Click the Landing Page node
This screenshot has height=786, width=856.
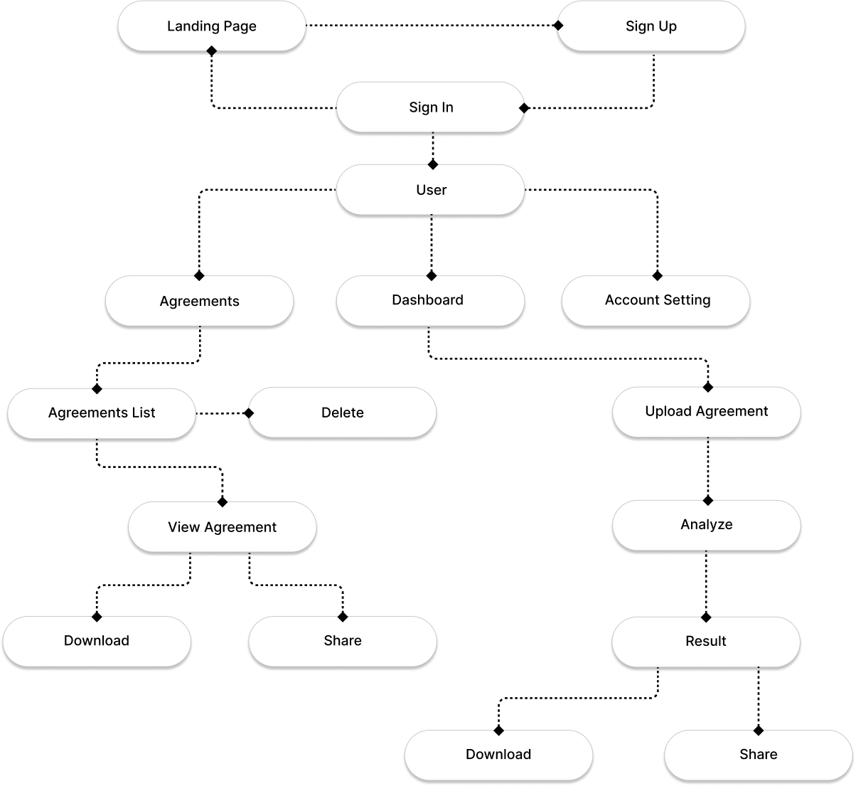pos(212,26)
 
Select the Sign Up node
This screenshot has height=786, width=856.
pos(651,26)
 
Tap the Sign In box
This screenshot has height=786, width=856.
pos(431,107)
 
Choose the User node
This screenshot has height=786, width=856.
pos(431,189)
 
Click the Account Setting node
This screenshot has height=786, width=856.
pos(656,301)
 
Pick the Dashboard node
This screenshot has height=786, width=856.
pos(431,301)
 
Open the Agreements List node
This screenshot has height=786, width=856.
pos(102,413)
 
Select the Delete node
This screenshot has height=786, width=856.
pos(342,413)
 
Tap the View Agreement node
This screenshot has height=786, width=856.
pos(223,527)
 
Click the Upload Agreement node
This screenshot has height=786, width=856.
pos(707,412)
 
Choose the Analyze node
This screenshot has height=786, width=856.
pos(707,525)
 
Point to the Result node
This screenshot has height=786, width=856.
pos(706,642)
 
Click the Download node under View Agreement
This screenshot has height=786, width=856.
pos(97,642)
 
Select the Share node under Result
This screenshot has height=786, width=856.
pos(759,755)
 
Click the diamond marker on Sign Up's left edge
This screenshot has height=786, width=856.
pos(557,26)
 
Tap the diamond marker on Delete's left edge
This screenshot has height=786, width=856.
pos(249,413)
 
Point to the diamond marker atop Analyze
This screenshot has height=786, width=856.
pos(708,500)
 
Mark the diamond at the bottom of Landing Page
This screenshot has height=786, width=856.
pos(212,51)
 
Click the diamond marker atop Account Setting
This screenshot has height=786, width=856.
pos(658,276)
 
